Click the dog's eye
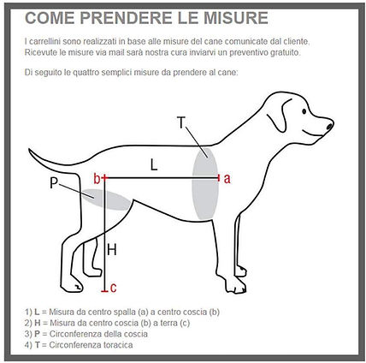[x=304, y=110]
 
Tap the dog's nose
[x=329, y=126]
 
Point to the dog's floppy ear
[x=279, y=116]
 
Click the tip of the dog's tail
[x=29, y=150]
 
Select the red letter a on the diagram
[x=227, y=178]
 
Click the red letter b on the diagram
[x=97, y=179]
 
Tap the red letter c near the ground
[x=113, y=288]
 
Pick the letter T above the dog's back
[x=181, y=122]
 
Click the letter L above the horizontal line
[x=154, y=164]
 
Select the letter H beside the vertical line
[x=112, y=250]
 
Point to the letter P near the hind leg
[x=54, y=183]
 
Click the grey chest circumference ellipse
[x=205, y=183]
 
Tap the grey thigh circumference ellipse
[x=106, y=199]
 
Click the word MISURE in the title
[x=236, y=18]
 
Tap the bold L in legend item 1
[x=37, y=312]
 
